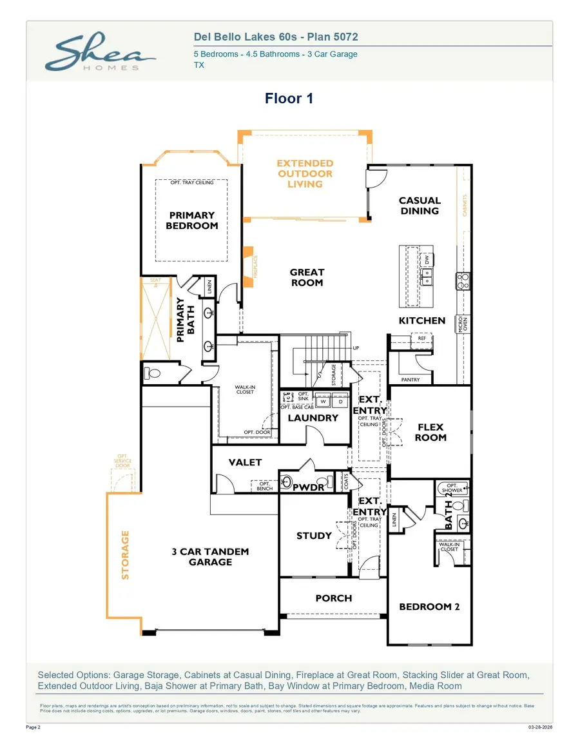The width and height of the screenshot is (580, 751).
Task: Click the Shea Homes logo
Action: click(100, 54)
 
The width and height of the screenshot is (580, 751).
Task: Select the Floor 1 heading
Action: click(289, 99)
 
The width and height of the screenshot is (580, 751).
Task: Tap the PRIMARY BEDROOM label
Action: click(191, 220)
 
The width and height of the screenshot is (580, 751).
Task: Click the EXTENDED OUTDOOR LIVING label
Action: click(305, 174)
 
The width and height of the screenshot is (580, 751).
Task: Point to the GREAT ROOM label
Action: click(307, 277)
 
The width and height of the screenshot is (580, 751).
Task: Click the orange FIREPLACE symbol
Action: click(248, 265)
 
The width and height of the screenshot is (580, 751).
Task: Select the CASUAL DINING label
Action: click(420, 206)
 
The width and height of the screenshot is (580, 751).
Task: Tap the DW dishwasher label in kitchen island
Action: click(425, 259)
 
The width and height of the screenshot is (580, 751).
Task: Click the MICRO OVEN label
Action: click(462, 324)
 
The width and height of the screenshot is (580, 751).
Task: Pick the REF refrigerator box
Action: click(421, 338)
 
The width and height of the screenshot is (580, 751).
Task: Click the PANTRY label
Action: click(410, 380)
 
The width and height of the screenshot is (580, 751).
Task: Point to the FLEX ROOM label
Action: click(430, 432)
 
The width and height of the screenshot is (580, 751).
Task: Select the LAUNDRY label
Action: click(313, 418)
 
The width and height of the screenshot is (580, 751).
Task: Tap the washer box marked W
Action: click(323, 402)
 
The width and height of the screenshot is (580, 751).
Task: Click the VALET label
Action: click(246, 462)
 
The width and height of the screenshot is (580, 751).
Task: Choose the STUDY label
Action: click(314, 536)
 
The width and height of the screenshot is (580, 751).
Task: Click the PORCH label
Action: click(333, 598)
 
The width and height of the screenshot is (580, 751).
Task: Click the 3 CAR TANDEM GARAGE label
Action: click(210, 557)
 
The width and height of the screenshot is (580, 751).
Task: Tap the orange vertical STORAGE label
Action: click(126, 554)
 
